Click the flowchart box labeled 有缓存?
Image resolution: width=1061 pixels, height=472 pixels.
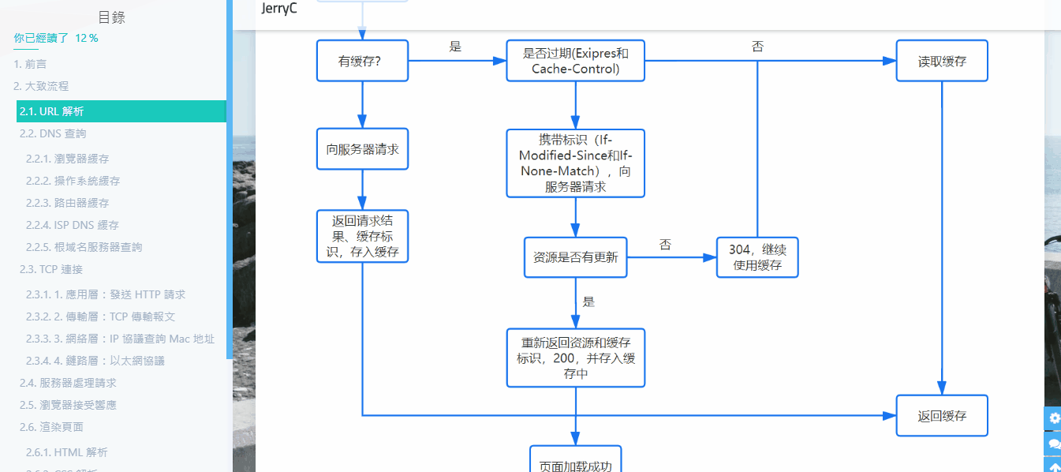coord(362,61)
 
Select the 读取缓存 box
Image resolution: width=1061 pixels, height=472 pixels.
coord(941,61)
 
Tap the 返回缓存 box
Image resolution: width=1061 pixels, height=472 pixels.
coord(941,415)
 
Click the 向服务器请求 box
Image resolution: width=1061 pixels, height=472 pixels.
coord(362,149)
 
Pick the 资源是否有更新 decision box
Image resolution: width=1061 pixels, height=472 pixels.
coord(575,257)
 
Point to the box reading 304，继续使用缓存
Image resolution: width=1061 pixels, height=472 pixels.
coord(757,257)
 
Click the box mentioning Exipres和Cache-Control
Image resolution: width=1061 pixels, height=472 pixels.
coord(575,61)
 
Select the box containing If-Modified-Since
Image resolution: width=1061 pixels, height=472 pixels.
coord(575,163)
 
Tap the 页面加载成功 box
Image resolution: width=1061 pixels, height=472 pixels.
coord(575,464)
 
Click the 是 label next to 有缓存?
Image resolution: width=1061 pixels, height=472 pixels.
coord(455,47)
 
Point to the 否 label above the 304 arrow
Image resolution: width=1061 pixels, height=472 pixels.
coord(665,245)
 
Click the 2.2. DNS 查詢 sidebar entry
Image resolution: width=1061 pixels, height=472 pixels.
coord(53,133)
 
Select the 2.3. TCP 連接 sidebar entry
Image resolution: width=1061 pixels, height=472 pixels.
coord(51,269)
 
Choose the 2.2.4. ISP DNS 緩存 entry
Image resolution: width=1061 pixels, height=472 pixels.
coord(73,225)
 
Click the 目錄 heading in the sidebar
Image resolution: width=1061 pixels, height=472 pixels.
coord(111,17)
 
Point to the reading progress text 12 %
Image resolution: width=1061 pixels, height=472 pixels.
coord(87,38)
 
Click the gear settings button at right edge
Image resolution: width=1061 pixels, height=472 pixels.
coord(1054,418)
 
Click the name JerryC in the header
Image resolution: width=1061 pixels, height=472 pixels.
coord(279,9)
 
